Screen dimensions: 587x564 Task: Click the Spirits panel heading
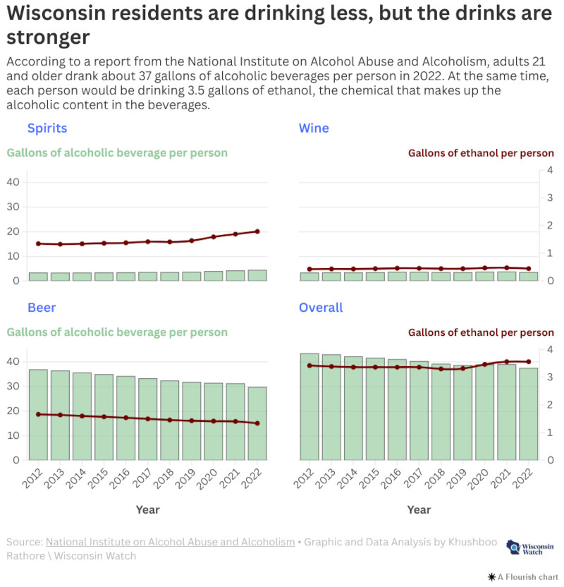47,128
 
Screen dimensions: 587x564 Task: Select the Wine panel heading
314,128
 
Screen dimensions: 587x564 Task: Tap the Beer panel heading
42,308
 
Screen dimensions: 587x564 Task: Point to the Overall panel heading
321,308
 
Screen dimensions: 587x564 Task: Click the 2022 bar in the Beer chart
257,423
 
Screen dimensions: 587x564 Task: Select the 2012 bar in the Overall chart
309,406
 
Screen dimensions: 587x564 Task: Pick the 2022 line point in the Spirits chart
257,231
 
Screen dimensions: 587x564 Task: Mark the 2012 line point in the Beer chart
38,414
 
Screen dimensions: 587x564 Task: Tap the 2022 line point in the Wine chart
529,268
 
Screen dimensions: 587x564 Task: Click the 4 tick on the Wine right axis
550,170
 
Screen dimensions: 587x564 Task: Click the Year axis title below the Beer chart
147,509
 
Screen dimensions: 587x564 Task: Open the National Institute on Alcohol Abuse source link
170,542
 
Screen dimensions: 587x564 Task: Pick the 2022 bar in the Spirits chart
257,275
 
